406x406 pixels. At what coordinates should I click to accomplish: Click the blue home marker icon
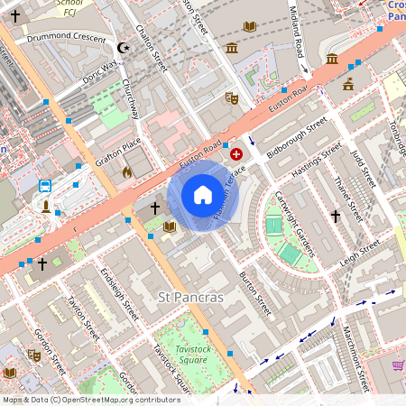(203, 195)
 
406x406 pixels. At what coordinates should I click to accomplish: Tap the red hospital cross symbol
(236, 155)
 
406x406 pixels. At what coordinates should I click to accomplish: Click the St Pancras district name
(189, 297)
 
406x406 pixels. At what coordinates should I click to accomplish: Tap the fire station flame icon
(127, 171)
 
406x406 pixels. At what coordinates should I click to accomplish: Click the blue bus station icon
(45, 187)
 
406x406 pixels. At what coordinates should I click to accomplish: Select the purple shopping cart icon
(397, 365)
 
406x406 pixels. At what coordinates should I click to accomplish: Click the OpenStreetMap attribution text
(91, 400)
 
